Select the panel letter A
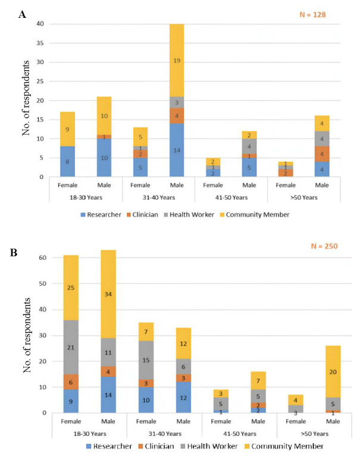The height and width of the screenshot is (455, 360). click(x=22, y=14)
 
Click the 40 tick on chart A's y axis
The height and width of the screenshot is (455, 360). click(x=40, y=24)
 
